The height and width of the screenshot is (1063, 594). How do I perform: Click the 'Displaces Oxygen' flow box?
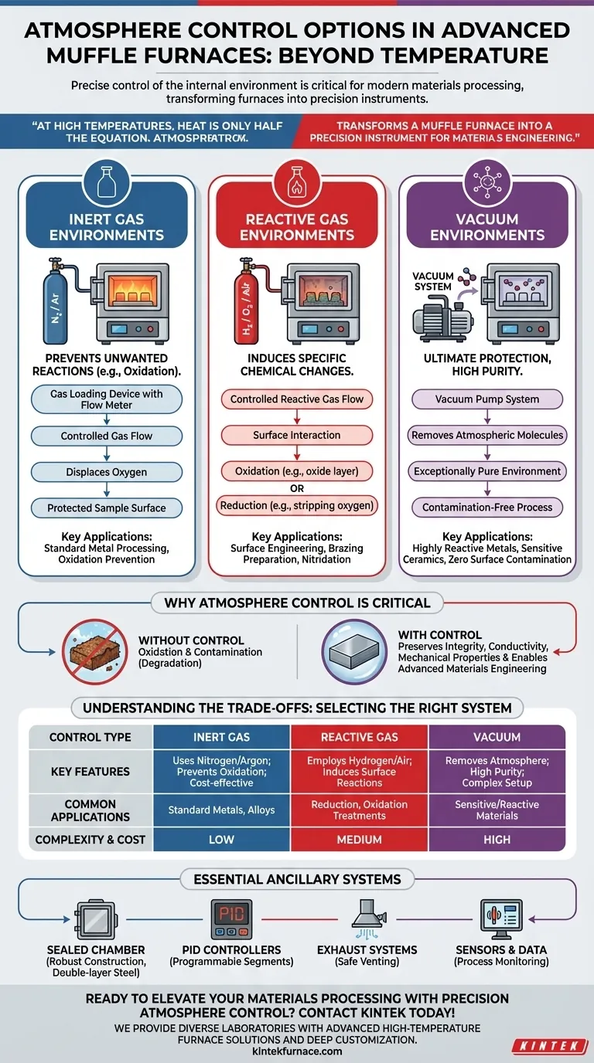(x=107, y=472)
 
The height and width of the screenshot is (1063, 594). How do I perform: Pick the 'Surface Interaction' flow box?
(x=297, y=435)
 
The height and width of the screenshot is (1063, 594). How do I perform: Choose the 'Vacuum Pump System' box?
(x=487, y=399)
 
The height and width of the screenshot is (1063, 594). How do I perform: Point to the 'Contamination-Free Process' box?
(x=487, y=508)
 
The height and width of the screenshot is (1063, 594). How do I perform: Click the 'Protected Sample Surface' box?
(x=107, y=508)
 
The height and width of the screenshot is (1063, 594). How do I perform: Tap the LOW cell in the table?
(x=222, y=839)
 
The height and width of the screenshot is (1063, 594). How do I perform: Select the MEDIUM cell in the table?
(x=360, y=839)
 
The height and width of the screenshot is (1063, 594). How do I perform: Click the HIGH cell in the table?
(x=497, y=839)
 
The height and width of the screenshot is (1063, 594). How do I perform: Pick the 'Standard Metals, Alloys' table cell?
(x=222, y=810)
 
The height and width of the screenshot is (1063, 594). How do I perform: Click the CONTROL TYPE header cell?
(x=90, y=737)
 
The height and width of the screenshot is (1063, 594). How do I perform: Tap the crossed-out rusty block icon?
(x=90, y=652)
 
